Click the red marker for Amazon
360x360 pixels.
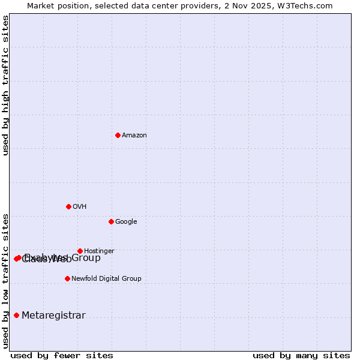point(118,135)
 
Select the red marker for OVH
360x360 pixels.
point(68,206)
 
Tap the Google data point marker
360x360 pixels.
point(111,221)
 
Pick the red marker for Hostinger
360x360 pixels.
point(80,251)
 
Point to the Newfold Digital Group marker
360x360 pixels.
point(67,278)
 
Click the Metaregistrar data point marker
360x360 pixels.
point(16,316)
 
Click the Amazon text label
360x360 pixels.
point(134,136)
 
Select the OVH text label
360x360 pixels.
point(80,207)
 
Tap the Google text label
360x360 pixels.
point(126,222)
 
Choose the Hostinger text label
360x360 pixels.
point(99,251)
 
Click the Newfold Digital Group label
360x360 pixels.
point(106,279)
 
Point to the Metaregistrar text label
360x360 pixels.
point(53,316)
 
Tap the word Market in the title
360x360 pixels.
point(42,6)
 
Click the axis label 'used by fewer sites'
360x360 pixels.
point(62,355)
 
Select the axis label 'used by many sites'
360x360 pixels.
point(301,355)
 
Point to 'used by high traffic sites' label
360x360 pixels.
point(6,85)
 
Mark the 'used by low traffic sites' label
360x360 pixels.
point(6,280)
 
